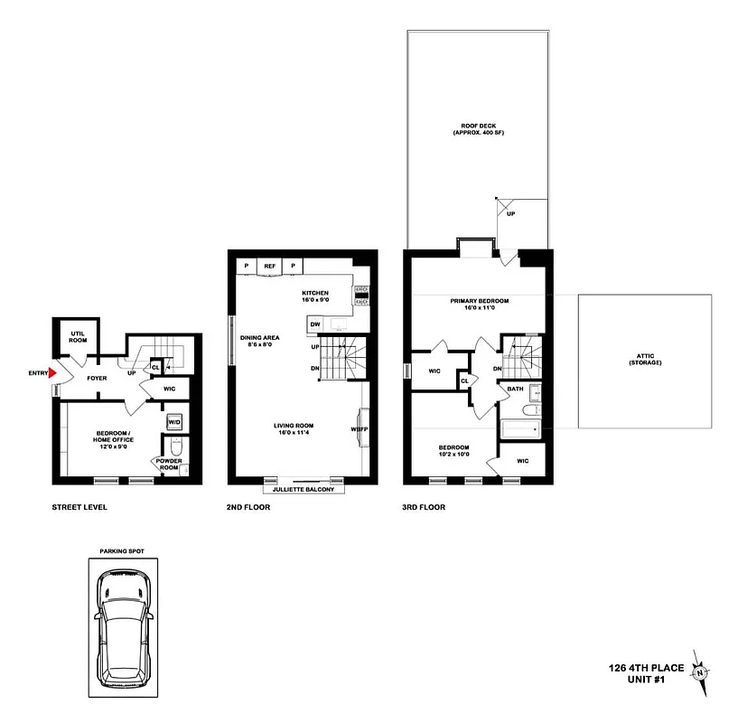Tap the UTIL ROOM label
click(x=78, y=338)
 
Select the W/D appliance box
click(x=173, y=421)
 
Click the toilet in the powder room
click(x=174, y=446)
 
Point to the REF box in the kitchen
click(x=270, y=266)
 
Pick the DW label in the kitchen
click(x=315, y=324)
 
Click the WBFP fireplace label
click(x=359, y=429)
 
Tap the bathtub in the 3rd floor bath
click(x=519, y=430)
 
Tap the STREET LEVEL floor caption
click(x=79, y=507)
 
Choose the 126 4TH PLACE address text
click(x=643, y=669)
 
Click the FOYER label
click(x=98, y=378)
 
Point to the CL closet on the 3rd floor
click(x=464, y=380)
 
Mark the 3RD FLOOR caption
click(x=425, y=507)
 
